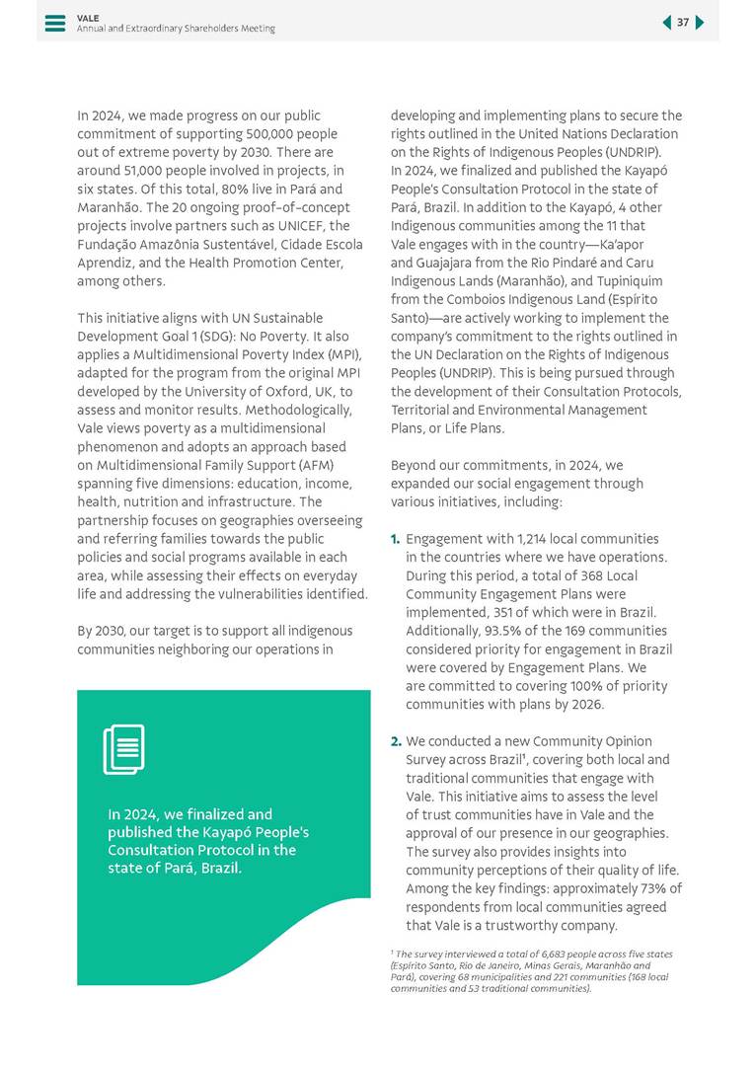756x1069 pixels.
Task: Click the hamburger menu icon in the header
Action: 55,23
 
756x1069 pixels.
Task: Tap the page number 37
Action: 683,23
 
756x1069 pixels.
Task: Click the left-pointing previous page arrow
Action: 666,23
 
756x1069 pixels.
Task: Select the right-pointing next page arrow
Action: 700,23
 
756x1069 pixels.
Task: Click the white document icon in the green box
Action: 124,749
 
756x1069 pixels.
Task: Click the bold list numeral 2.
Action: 396,741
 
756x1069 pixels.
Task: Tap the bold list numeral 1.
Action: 396,539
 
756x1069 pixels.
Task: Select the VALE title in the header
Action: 88,18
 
